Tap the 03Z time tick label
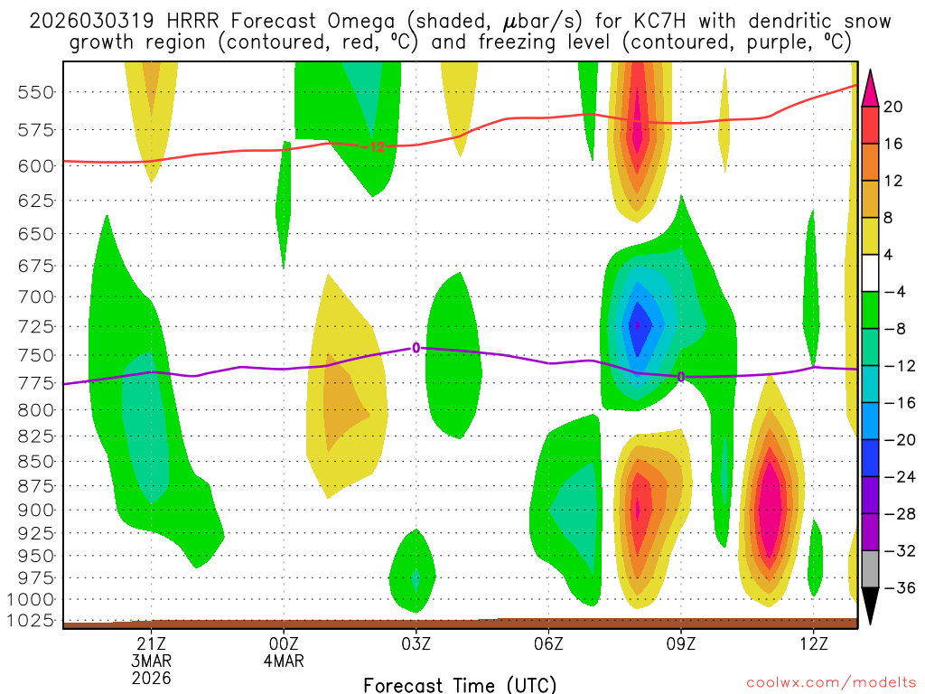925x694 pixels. tap(416, 643)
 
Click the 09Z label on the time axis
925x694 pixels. tap(681, 643)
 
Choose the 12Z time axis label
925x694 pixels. tap(814, 643)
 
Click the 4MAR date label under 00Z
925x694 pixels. tap(284, 661)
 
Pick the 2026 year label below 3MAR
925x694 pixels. tap(151, 677)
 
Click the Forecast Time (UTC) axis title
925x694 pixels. tap(460, 684)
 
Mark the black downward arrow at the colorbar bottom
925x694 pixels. tap(870, 606)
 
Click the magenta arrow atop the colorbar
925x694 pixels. tap(870, 88)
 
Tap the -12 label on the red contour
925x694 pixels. tap(377, 146)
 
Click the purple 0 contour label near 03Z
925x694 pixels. tap(416, 348)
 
